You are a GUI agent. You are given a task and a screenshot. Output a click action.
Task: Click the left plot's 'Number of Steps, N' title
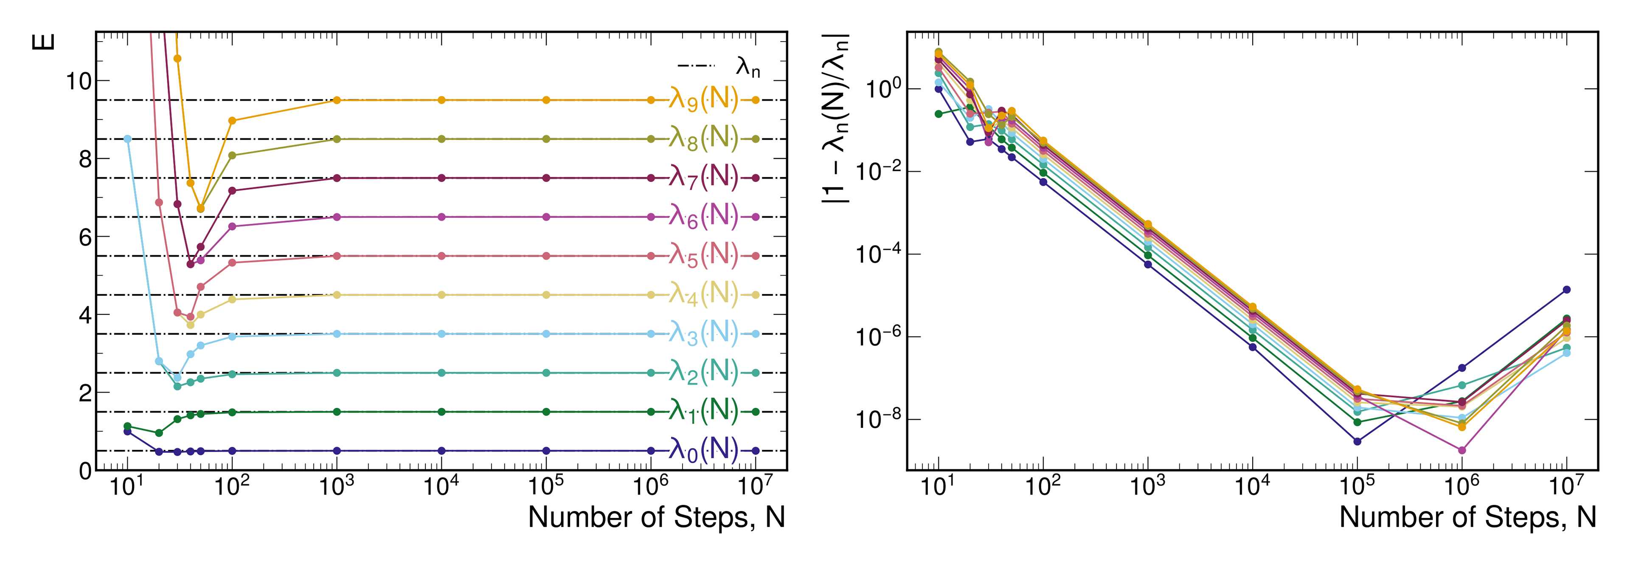coord(656,517)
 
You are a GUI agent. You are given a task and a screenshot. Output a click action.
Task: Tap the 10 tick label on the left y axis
coord(79,81)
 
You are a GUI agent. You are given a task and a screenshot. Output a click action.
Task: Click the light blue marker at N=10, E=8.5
coord(127,139)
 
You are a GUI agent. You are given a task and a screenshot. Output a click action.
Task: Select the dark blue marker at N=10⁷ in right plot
coord(1567,289)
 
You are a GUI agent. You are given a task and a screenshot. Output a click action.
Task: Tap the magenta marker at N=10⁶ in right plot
coord(1461,450)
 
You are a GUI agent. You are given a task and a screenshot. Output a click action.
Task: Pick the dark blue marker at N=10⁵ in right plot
coord(1357,441)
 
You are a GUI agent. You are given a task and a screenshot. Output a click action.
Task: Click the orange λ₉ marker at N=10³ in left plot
coord(337,100)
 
